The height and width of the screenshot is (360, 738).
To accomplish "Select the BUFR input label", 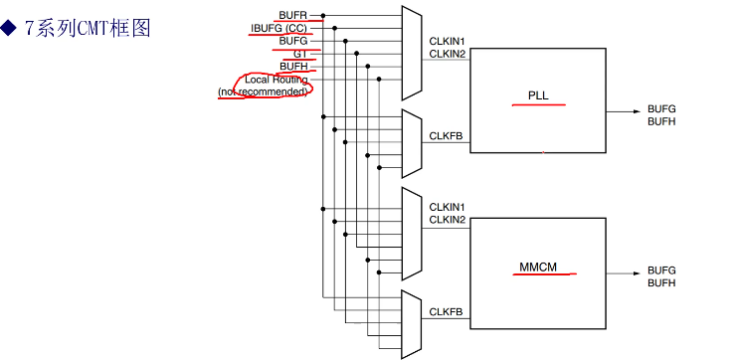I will click(292, 15).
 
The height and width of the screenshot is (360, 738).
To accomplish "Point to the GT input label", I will click(300, 54).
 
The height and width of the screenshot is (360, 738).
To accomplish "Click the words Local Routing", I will click(276, 80).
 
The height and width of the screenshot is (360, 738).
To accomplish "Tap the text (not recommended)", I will click(263, 91).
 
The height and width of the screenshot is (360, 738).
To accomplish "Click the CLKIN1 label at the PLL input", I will click(448, 41).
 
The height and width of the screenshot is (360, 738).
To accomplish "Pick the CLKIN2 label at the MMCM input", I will click(448, 219).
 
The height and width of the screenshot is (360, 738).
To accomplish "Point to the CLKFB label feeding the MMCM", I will click(445, 312).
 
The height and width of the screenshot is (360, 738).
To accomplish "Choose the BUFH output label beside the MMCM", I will click(661, 283).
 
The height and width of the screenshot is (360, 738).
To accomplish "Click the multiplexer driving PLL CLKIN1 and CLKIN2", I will click(412, 53).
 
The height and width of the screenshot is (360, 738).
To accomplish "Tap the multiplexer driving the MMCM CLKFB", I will click(412, 325).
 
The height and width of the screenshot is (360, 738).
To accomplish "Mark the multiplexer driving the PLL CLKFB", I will click(412, 141).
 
